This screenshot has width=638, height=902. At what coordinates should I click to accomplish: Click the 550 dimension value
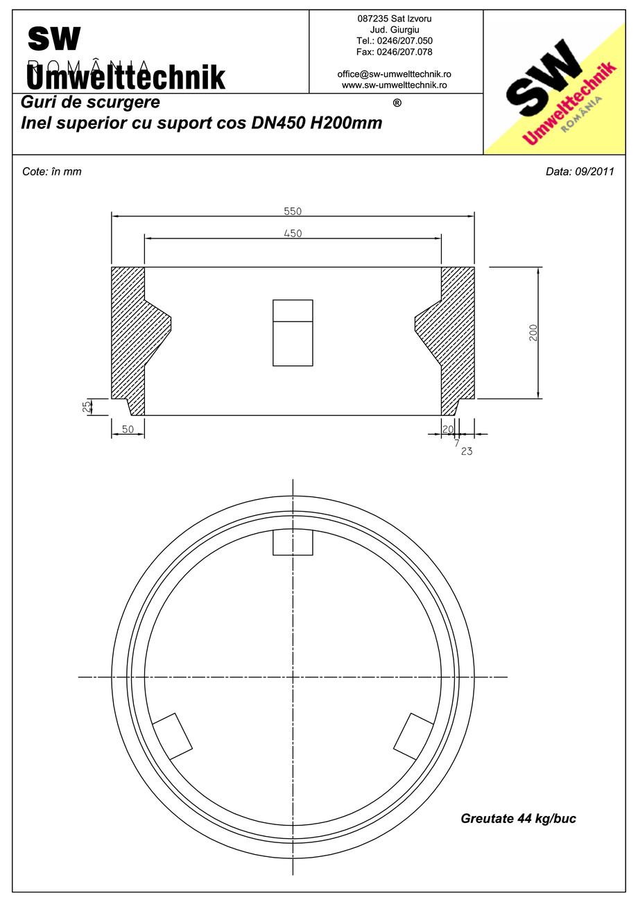pos(293,211)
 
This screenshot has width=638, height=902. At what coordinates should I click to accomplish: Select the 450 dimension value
pos(293,233)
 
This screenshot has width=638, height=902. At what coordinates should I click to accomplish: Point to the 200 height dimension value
pos(533,333)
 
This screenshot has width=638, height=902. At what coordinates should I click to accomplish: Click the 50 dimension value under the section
pos(128,430)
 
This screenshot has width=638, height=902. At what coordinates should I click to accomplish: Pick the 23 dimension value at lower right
pos(466,451)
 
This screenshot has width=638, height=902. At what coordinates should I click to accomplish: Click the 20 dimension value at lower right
pos(447,430)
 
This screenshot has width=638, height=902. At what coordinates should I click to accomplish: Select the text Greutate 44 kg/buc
pos(518,819)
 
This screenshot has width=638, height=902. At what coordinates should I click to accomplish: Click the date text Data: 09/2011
pos(580,172)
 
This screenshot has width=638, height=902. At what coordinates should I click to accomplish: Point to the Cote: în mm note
pos(52,172)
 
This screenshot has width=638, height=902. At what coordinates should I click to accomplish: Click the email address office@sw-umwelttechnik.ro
pos(395,74)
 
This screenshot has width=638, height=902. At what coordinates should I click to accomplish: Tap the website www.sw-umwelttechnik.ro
pos(395,85)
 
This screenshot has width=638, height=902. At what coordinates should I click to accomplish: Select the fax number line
pos(395,52)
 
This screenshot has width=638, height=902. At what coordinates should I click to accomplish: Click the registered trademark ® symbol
pos(397,103)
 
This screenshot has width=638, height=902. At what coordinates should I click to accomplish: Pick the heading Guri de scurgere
pos(91,103)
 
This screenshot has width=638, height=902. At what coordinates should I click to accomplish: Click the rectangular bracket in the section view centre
pos(293,333)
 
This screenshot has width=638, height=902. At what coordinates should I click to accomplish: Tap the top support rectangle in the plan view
pos(293,542)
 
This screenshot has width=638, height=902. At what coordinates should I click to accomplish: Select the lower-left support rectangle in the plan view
pos(172,736)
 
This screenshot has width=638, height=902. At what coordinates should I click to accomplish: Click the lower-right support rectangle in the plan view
pos(414,736)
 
